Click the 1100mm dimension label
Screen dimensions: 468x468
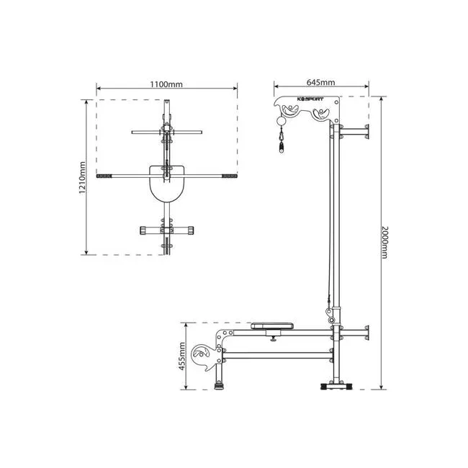click(166, 84)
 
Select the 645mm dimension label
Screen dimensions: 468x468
click(321, 82)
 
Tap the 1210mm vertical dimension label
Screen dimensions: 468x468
click(82, 178)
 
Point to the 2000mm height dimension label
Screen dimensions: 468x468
click(384, 243)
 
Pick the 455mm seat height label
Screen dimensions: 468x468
click(182, 356)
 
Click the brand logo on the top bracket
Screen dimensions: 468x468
click(310, 99)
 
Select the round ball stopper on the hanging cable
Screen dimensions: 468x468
click(281, 121)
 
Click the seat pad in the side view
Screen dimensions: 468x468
click(272, 325)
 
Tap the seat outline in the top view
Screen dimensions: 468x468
click(167, 184)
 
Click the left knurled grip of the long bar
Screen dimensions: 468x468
click(104, 176)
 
